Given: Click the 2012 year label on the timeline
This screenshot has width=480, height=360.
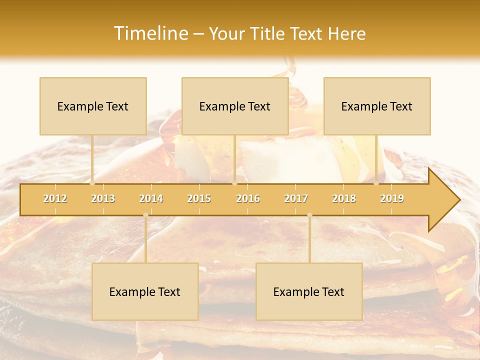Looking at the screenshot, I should click(55, 198).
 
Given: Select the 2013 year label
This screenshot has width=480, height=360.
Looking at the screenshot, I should click(103, 198).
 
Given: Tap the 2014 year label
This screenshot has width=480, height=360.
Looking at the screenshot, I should click(151, 198).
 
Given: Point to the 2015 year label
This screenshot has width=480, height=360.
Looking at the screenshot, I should click(199, 198).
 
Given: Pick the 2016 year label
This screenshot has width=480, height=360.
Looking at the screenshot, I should click(248, 198).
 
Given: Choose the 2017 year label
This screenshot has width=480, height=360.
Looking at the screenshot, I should click(296, 198).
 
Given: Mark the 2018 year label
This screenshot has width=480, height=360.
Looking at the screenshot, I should click(344, 198).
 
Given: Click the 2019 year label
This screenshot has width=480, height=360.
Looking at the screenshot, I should click(392, 198).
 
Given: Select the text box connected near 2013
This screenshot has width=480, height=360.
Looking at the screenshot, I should click(93, 106).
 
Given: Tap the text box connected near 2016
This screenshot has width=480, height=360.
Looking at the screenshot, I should click(235, 106).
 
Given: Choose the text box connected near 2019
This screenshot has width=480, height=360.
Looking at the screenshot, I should click(377, 106).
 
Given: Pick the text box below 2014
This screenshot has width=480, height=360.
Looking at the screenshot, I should click(145, 291).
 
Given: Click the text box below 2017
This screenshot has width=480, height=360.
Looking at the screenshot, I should click(309, 291).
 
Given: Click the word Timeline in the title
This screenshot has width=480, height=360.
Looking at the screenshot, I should click(150, 33).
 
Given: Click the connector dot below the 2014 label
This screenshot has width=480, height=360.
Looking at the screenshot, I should click(145, 215).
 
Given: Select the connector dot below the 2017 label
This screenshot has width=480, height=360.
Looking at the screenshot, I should click(309, 215).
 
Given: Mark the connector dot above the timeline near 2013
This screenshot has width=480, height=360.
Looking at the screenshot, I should click(92, 183).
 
